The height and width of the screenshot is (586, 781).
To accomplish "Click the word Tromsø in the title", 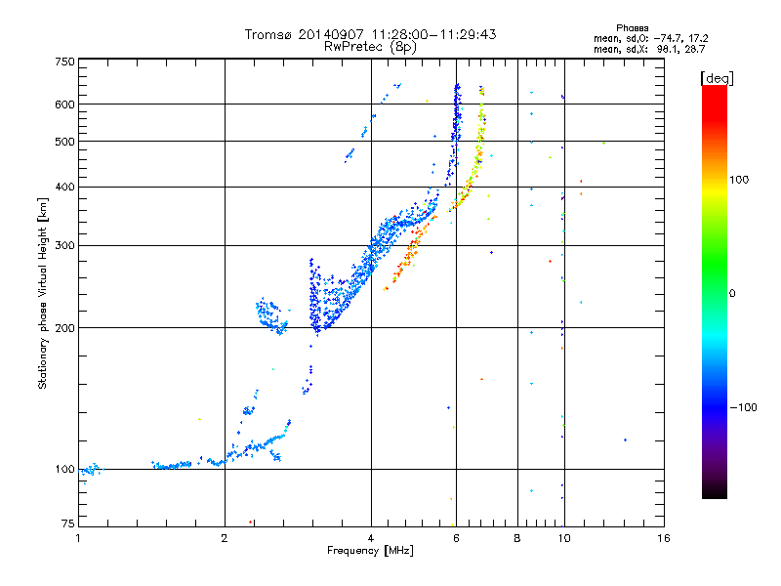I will click(x=268, y=34).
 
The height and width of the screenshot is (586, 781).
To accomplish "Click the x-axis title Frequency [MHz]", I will click(x=370, y=551).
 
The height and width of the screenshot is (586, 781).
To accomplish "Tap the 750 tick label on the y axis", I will click(x=64, y=61).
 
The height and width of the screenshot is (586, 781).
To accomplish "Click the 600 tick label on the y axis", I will click(x=64, y=105).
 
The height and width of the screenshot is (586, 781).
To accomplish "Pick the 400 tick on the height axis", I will click(x=64, y=187).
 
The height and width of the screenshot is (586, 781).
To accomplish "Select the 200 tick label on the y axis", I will click(x=64, y=328).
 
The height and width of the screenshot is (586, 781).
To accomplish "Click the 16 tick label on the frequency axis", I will click(x=663, y=538).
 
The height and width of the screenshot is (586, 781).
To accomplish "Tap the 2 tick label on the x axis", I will click(x=225, y=538).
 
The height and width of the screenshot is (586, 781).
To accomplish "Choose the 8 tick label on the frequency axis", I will click(x=517, y=538).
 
